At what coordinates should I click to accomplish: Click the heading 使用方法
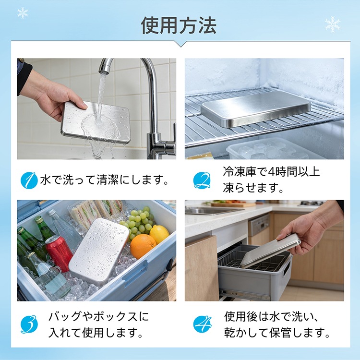coord(179,25)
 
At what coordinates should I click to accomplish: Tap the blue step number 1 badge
coord(29,180)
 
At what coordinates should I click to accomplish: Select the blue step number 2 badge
coord(202,180)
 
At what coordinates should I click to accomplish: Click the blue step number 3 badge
coord(29,324)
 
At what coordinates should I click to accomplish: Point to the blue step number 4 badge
coord(202,324)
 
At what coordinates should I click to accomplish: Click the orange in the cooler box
coord(143,247)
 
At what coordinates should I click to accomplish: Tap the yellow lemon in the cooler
coord(159,234)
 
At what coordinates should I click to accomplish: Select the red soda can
coord(59,253)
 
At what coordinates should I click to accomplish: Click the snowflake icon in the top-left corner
coord(23,13)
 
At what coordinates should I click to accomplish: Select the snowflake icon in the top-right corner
coord(333,24)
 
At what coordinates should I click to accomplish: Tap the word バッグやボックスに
coord(99,316)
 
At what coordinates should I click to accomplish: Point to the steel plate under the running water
coord(96,122)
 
